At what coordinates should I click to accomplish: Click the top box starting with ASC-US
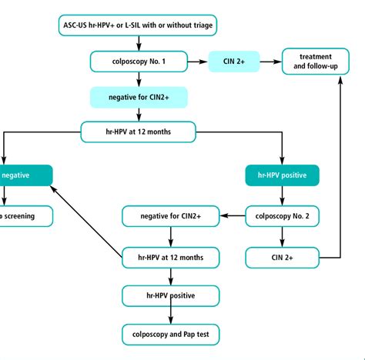point(138,25)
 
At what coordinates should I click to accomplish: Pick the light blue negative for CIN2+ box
point(138,97)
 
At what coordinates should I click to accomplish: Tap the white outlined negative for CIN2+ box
point(171,217)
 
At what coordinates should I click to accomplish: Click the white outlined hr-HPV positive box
point(171,295)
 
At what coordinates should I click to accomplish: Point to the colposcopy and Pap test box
point(171,335)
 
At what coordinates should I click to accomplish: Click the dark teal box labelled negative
point(23,175)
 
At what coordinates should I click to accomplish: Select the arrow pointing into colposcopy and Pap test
point(171,315)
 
